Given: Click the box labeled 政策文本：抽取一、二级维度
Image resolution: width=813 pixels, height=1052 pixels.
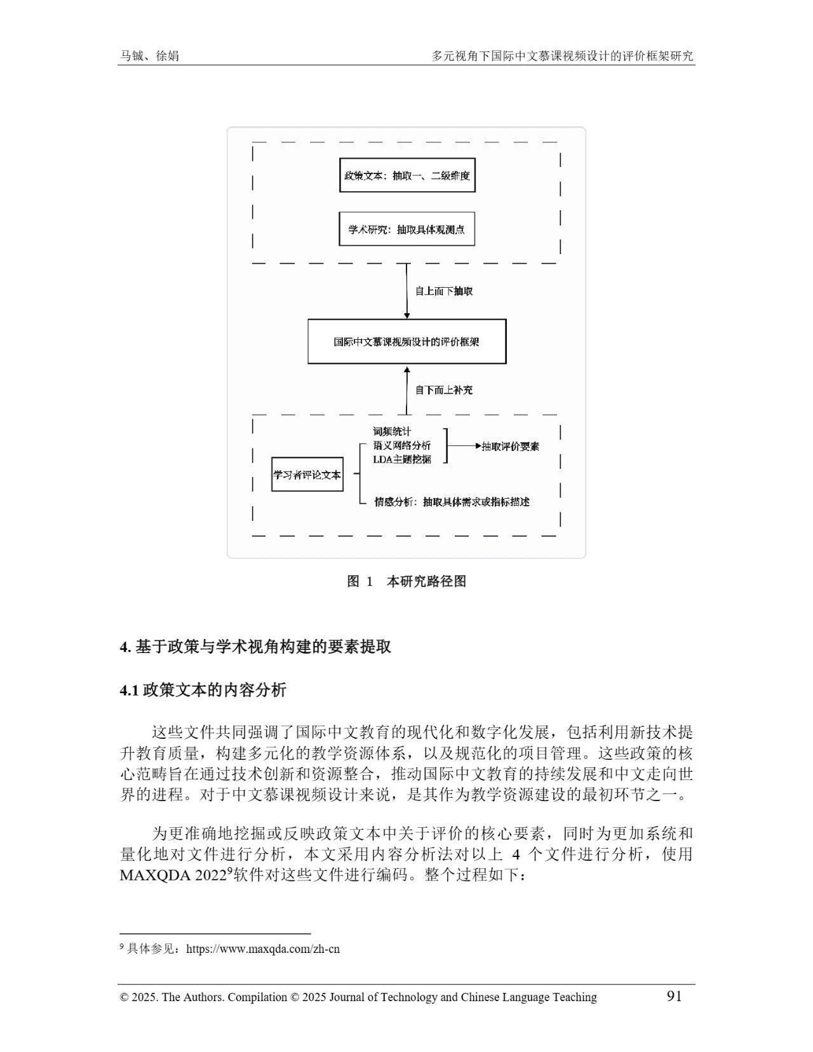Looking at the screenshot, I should (x=407, y=175).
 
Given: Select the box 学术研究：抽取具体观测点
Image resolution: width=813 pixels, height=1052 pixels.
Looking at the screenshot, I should (x=407, y=229).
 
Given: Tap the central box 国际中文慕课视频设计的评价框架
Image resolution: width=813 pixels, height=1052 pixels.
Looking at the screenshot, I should (x=407, y=342).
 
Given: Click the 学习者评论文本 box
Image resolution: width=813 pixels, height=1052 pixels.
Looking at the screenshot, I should (x=307, y=475).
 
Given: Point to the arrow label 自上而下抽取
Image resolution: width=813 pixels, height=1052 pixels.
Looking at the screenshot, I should (x=444, y=291).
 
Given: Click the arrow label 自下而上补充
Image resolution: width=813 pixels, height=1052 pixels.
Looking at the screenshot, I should (x=444, y=390).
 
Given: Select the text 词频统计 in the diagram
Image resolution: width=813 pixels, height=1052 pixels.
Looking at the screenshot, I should (x=392, y=432).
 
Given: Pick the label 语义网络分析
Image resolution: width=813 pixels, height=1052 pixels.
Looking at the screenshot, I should (x=401, y=445).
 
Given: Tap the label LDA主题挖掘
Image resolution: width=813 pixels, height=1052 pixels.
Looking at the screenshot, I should (x=401, y=459).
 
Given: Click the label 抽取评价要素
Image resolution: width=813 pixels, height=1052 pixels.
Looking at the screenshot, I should (x=511, y=446).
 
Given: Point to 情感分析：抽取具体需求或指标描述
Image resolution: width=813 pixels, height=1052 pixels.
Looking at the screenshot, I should (x=452, y=502).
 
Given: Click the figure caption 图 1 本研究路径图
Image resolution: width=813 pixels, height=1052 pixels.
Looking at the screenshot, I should (x=406, y=581).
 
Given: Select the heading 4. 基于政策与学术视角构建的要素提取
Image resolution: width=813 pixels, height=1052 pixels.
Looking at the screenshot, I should (x=255, y=647).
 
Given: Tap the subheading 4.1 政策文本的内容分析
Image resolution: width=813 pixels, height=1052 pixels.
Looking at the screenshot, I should (x=203, y=690).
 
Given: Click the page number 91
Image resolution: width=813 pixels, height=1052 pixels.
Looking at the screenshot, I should (x=674, y=995).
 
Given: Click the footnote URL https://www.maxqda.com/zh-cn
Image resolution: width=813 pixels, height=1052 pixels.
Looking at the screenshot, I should (x=263, y=949).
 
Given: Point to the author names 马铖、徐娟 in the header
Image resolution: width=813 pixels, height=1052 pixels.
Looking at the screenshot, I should (x=150, y=56).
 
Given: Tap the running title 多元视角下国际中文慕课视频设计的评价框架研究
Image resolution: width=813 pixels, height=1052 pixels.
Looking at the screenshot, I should (x=563, y=56).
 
